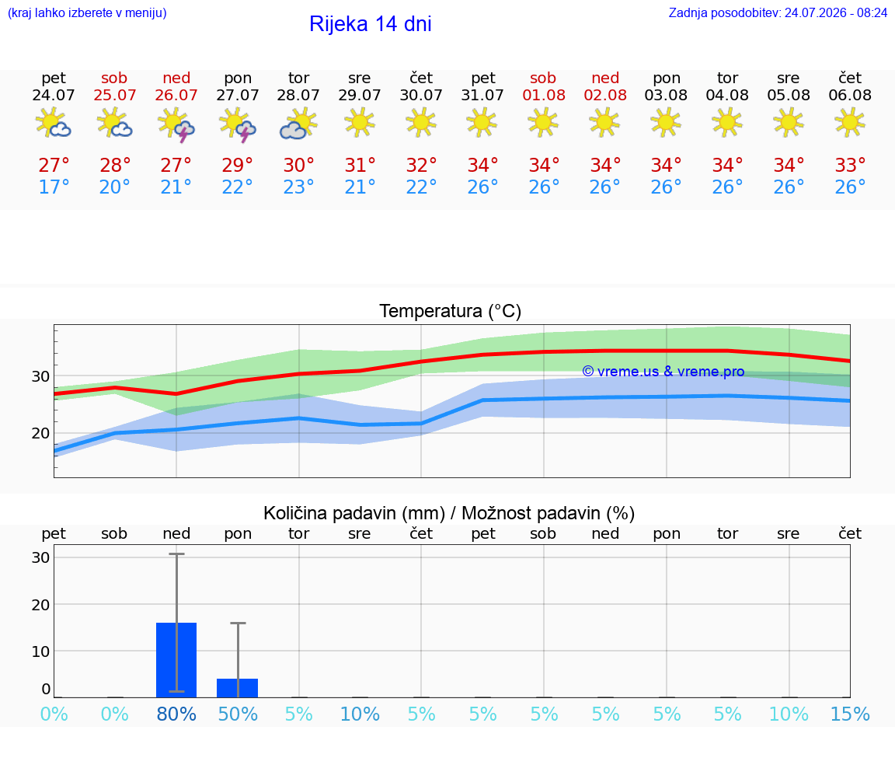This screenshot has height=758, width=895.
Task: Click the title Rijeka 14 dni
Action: (371, 24)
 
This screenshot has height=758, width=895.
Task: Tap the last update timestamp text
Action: (778, 13)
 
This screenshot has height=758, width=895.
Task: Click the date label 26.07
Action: (176, 95)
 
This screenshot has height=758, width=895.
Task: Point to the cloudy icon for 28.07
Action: (298, 124)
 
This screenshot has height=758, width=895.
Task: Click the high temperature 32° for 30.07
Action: (421, 166)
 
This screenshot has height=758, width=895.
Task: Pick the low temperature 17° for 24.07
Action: (54, 187)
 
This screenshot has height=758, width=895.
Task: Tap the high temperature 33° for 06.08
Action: (850, 166)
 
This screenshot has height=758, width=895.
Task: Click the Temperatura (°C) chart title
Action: (451, 311)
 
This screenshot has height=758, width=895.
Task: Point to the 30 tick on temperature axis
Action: (40, 376)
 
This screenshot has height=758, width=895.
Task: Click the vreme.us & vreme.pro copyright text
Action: (663, 372)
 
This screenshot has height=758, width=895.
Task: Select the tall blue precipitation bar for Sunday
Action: (176, 660)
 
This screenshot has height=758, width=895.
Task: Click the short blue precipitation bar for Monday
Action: (238, 688)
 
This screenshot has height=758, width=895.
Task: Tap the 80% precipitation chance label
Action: (176, 714)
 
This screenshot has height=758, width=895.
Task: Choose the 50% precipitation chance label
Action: (238, 714)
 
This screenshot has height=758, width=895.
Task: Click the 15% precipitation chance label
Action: (850, 714)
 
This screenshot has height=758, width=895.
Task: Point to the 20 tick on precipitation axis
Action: (40, 604)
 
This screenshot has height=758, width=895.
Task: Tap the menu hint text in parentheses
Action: (87, 13)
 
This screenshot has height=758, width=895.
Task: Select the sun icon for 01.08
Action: (543, 123)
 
